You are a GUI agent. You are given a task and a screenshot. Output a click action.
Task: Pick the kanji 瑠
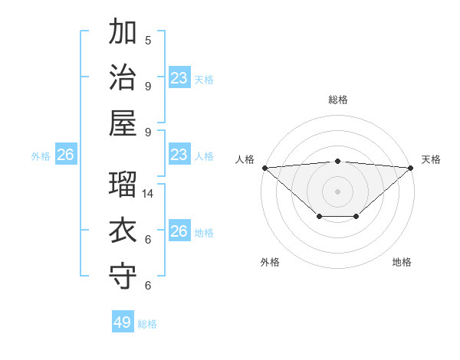[123, 185]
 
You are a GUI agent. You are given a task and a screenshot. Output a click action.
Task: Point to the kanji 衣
[123, 231]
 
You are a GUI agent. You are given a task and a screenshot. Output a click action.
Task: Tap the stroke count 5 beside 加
[148, 40]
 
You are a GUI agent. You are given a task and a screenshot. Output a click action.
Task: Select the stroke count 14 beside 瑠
[148, 194]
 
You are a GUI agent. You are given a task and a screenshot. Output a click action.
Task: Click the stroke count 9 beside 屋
[148, 132]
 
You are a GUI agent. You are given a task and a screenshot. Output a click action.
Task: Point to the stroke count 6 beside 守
[148, 286]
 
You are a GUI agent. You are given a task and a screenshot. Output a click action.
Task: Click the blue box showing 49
[123, 322]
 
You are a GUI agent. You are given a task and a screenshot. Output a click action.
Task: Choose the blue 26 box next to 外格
[65, 155]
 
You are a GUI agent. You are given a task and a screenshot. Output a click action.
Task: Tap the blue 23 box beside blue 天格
[179, 78]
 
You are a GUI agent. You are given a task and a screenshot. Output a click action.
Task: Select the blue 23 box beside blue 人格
[179, 155]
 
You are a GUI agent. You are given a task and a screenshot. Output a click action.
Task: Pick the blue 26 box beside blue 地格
[179, 231]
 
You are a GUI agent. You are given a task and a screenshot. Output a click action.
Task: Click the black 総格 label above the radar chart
[338, 100]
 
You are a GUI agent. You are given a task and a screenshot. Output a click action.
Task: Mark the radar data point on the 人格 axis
[264, 168]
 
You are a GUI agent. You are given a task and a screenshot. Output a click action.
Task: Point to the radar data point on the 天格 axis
[412, 168]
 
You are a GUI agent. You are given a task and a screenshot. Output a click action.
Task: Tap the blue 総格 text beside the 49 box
[147, 324]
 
